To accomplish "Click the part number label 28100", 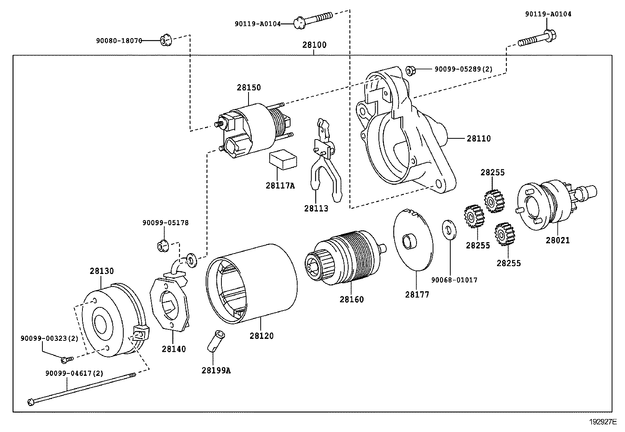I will point(314,45).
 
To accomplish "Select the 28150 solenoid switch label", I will point(249,87).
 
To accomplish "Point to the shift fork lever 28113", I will point(324,157).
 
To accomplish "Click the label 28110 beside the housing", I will point(479,138).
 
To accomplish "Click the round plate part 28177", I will point(413,239).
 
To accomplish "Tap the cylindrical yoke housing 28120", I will point(251,283).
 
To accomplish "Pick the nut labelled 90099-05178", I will point(163,246).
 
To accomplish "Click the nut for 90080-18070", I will point(165,40).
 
